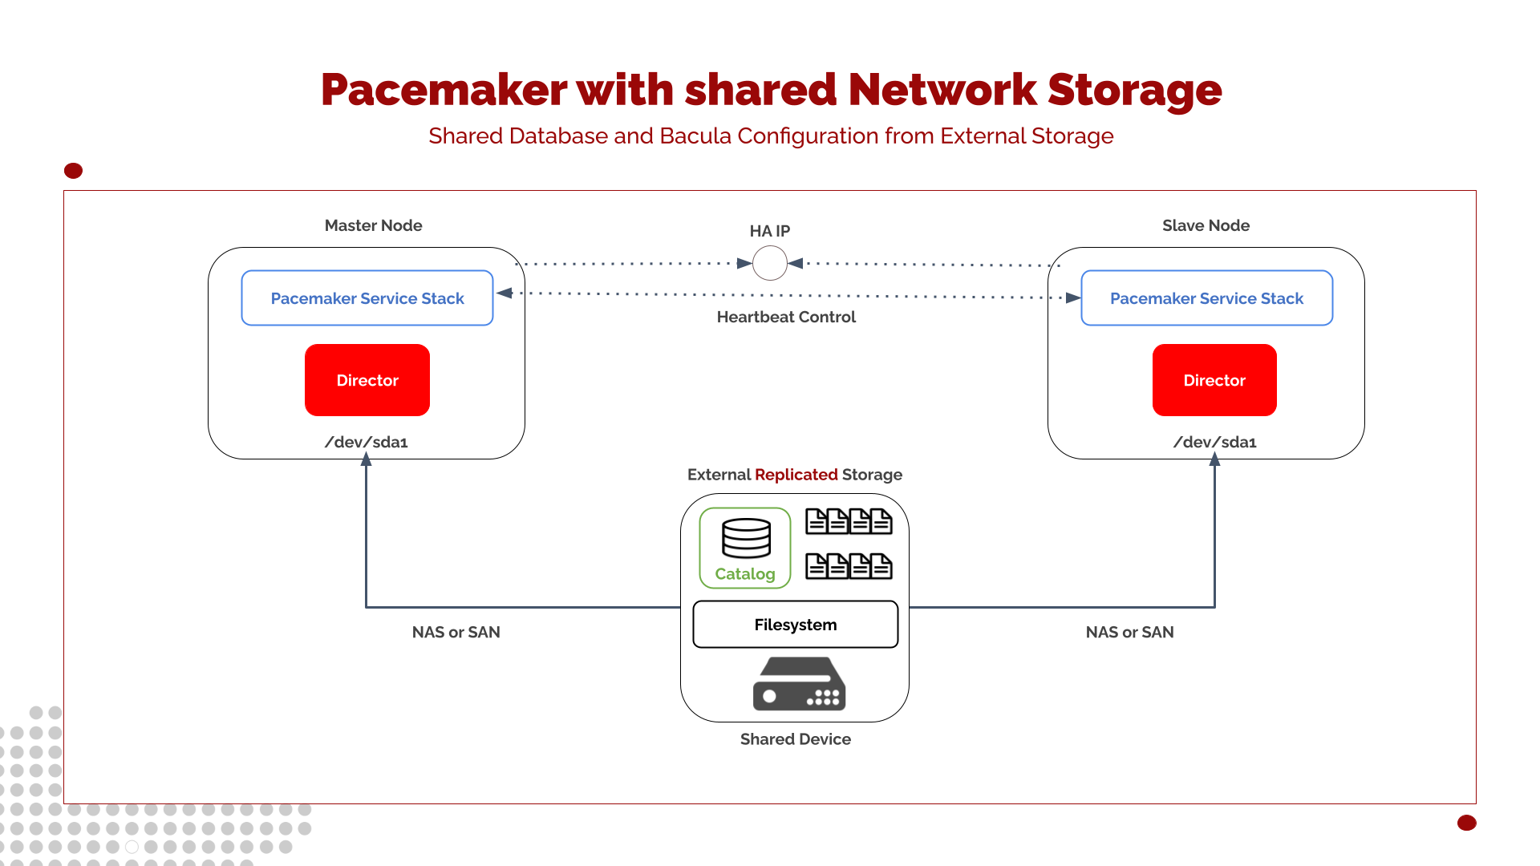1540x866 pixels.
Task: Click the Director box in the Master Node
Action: (x=367, y=380)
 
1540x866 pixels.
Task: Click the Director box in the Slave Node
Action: (x=1214, y=380)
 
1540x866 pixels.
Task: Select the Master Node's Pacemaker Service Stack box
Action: (x=367, y=298)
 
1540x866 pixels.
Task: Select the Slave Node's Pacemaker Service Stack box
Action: (x=1206, y=298)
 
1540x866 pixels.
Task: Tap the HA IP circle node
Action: (x=770, y=263)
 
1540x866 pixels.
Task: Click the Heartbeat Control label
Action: (x=786, y=317)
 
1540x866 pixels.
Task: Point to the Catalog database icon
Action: (x=746, y=538)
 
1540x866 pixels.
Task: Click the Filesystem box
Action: (x=795, y=625)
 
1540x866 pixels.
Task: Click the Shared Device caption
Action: (x=795, y=739)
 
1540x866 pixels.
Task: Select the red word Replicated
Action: (x=796, y=475)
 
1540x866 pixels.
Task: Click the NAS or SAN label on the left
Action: (x=456, y=632)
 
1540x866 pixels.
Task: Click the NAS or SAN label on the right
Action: (x=1129, y=632)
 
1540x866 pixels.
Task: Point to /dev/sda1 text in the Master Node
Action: (x=367, y=442)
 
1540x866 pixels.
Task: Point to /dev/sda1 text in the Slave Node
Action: (x=1214, y=442)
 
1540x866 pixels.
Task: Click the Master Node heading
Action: (x=373, y=225)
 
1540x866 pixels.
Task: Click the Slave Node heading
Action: (x=1206, y=225)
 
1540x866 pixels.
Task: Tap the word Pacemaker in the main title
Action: (x=444, y=90)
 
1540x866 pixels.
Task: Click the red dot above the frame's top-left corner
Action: (x=73, y=171)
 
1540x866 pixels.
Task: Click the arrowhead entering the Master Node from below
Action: (x=367, y=459)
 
